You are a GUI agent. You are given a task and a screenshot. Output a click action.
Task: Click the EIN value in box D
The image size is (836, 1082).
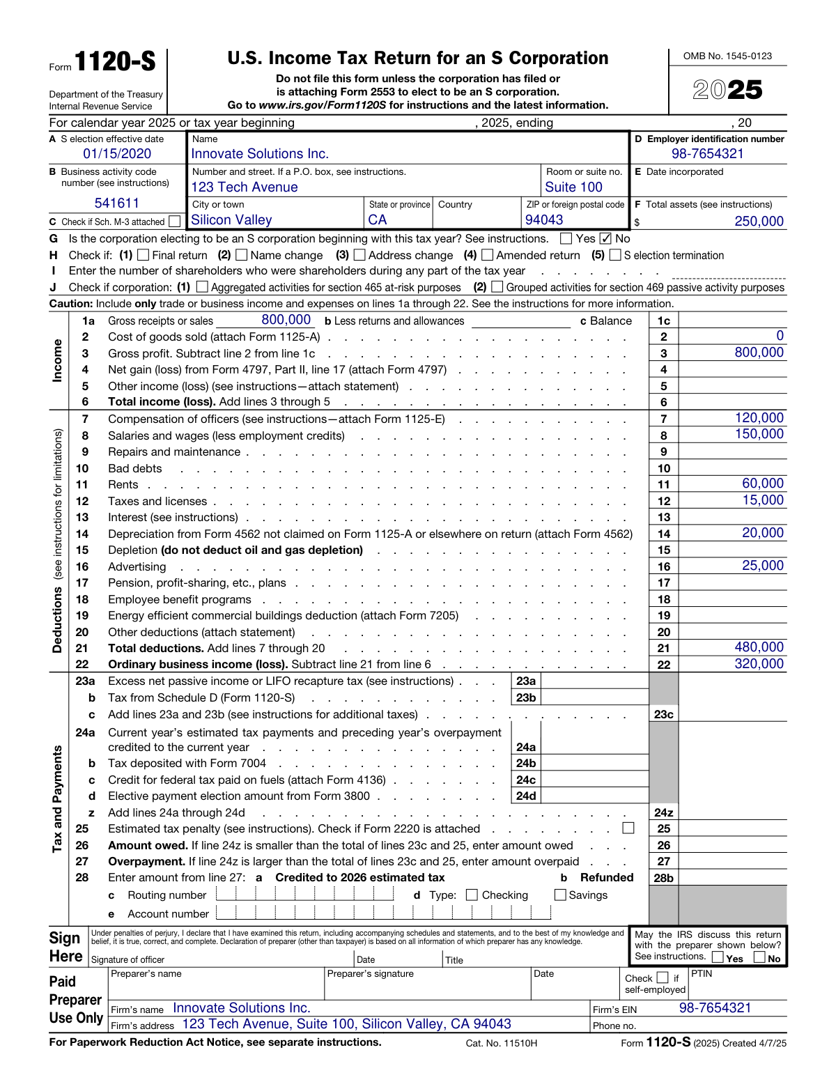pyautogui.click(x=707, y=154)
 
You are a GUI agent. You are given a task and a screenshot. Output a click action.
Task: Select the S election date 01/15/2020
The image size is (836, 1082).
pyautogui.click(x=117, y=154)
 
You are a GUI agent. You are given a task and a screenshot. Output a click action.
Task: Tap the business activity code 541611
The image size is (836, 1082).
pyautogui.click(x=117, y=203)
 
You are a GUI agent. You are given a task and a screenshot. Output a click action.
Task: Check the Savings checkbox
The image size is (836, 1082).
pyautogui.click(x=560, y=895)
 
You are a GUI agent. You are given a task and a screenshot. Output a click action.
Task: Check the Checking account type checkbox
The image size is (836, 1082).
pyautogui.click(x=472, y=895)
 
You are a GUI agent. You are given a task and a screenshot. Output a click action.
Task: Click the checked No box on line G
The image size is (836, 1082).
pyautogui.click(x=605, y=238)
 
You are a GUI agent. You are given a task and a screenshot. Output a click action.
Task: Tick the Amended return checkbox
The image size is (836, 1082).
pyautogui.click(x=488, y=255)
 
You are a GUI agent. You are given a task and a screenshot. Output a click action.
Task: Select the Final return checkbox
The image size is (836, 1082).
pyautogui.click(x=144, y=255)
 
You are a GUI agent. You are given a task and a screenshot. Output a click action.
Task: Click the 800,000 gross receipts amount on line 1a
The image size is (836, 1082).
pyautogui.click(x=286, y=320)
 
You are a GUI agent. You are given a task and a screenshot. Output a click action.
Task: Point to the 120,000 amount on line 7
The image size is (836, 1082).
pyautogui.click(x=759, y=418)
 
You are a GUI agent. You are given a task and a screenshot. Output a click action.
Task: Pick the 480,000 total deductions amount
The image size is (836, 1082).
pyautogui.click(x=759, y=647)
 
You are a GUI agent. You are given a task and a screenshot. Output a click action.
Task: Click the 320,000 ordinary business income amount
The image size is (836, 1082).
pyautogui.click(x=759, y=664)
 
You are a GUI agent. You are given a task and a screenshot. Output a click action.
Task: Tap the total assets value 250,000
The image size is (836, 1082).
pyautogui.click(x=759, y=222)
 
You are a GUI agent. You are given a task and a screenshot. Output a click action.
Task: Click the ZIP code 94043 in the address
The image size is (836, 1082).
pyautogui.click(x=544, y=220)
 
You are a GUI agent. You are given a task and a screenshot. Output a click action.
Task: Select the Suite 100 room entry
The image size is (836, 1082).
pyautogui.click(x=573, y=187)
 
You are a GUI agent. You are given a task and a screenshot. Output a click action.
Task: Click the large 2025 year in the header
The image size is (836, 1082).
pyautogui.click(x=727, y=90)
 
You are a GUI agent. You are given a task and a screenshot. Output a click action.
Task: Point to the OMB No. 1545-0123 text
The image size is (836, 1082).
pyautogui.click(x=727, y=56)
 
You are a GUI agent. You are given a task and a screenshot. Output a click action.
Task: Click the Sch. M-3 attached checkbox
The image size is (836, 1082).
pyautogui.click(x=175, y=222)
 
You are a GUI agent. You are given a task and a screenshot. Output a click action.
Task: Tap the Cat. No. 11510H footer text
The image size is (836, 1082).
pyautogui.click(x=502, y=1043)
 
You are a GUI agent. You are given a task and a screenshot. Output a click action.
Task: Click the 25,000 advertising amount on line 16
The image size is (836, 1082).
pyautogui.click(x=762, y=566)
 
